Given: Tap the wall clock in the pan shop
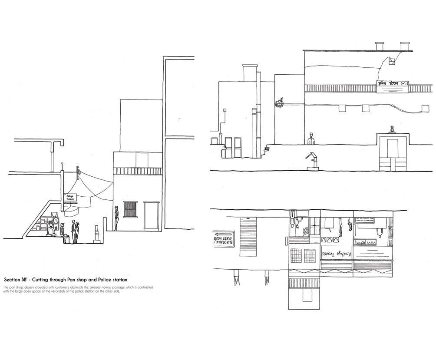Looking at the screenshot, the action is click(x=56, y=220).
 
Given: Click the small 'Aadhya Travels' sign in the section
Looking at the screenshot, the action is click(x=71, y=198).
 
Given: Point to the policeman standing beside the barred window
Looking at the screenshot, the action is click(x=116, y=218).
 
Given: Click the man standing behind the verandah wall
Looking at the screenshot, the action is click(x=310, y=139).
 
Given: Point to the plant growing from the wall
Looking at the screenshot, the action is click(x=278, y=103).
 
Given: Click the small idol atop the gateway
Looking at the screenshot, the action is click(x=392, y=129).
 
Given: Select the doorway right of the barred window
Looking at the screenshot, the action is click(x=151, y=216).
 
